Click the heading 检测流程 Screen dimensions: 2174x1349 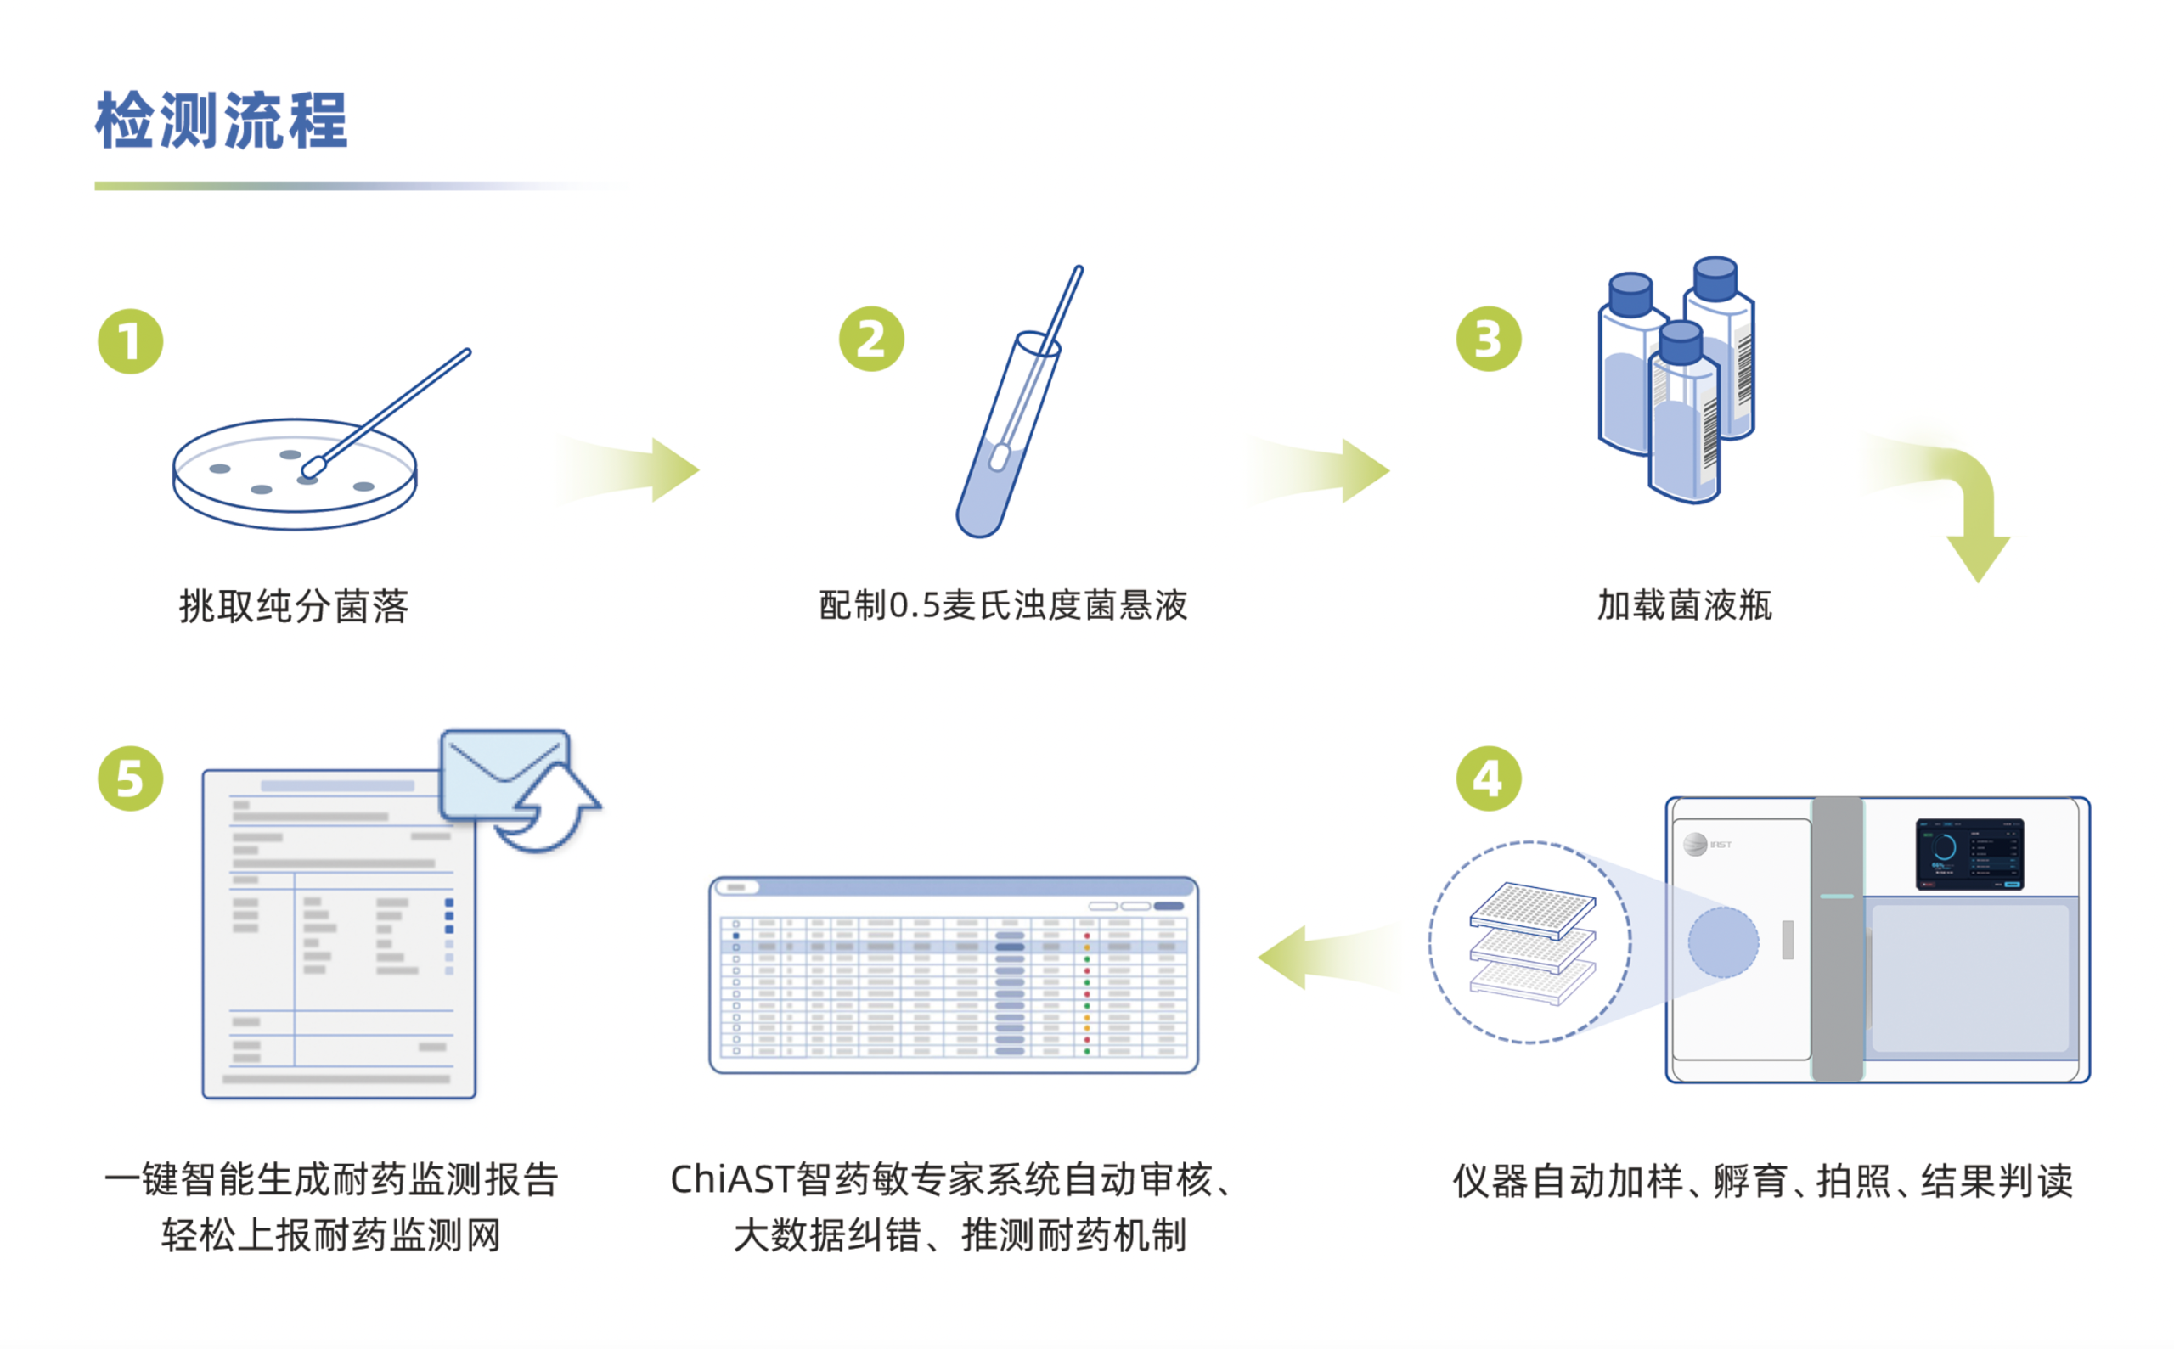[x=221, y=121]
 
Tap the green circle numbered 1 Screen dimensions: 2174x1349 [x=130, y=342]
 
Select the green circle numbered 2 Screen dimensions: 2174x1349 [x=872, y=339]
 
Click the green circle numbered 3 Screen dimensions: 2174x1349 [x=1489, y=339]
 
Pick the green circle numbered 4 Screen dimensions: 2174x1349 [x=1489, y=778]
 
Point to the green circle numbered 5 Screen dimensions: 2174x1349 [x=130, y=778]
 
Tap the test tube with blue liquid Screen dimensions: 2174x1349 [x=1006, y=436]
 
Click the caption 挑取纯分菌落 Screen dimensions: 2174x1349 [x=294, y=607]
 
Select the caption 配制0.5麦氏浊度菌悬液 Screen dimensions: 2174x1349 [x=1003, y=606]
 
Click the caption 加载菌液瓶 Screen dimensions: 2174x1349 [x=1684, y=606]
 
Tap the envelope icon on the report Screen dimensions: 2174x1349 [x=505, y=774]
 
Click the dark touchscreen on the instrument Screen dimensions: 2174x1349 [x=1969, y=854]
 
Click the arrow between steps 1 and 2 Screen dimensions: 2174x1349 [x=629, y=469]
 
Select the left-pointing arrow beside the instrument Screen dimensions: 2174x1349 [x=1330, y=957]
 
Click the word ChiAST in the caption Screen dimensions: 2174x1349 [x=732, y=1179]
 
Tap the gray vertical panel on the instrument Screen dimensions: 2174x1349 [x=1838, y=939]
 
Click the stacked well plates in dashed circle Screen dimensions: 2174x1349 [x=1532, y=943]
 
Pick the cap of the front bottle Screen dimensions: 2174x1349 [x=1682, y=343]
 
